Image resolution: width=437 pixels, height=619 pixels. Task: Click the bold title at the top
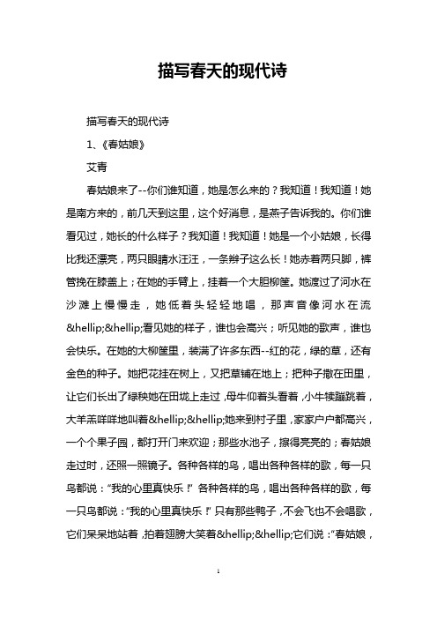218,71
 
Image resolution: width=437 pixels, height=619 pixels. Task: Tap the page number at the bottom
218,597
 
